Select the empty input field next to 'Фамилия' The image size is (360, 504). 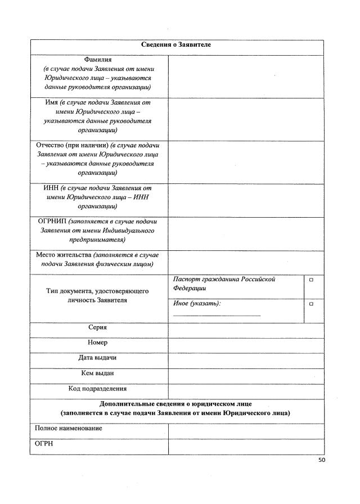pos(246,76)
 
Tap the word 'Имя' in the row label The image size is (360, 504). pos(52,103)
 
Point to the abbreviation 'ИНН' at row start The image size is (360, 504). pos(51,188)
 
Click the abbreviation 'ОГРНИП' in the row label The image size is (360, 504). pos(52,221)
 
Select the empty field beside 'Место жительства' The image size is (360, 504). pos(246,262)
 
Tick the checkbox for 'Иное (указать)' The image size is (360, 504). pos(311,304)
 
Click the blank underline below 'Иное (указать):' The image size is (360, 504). pos(217,316)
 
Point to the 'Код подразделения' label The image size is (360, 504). pos(98,389)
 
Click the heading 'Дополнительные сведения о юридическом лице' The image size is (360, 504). pos(176,404)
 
